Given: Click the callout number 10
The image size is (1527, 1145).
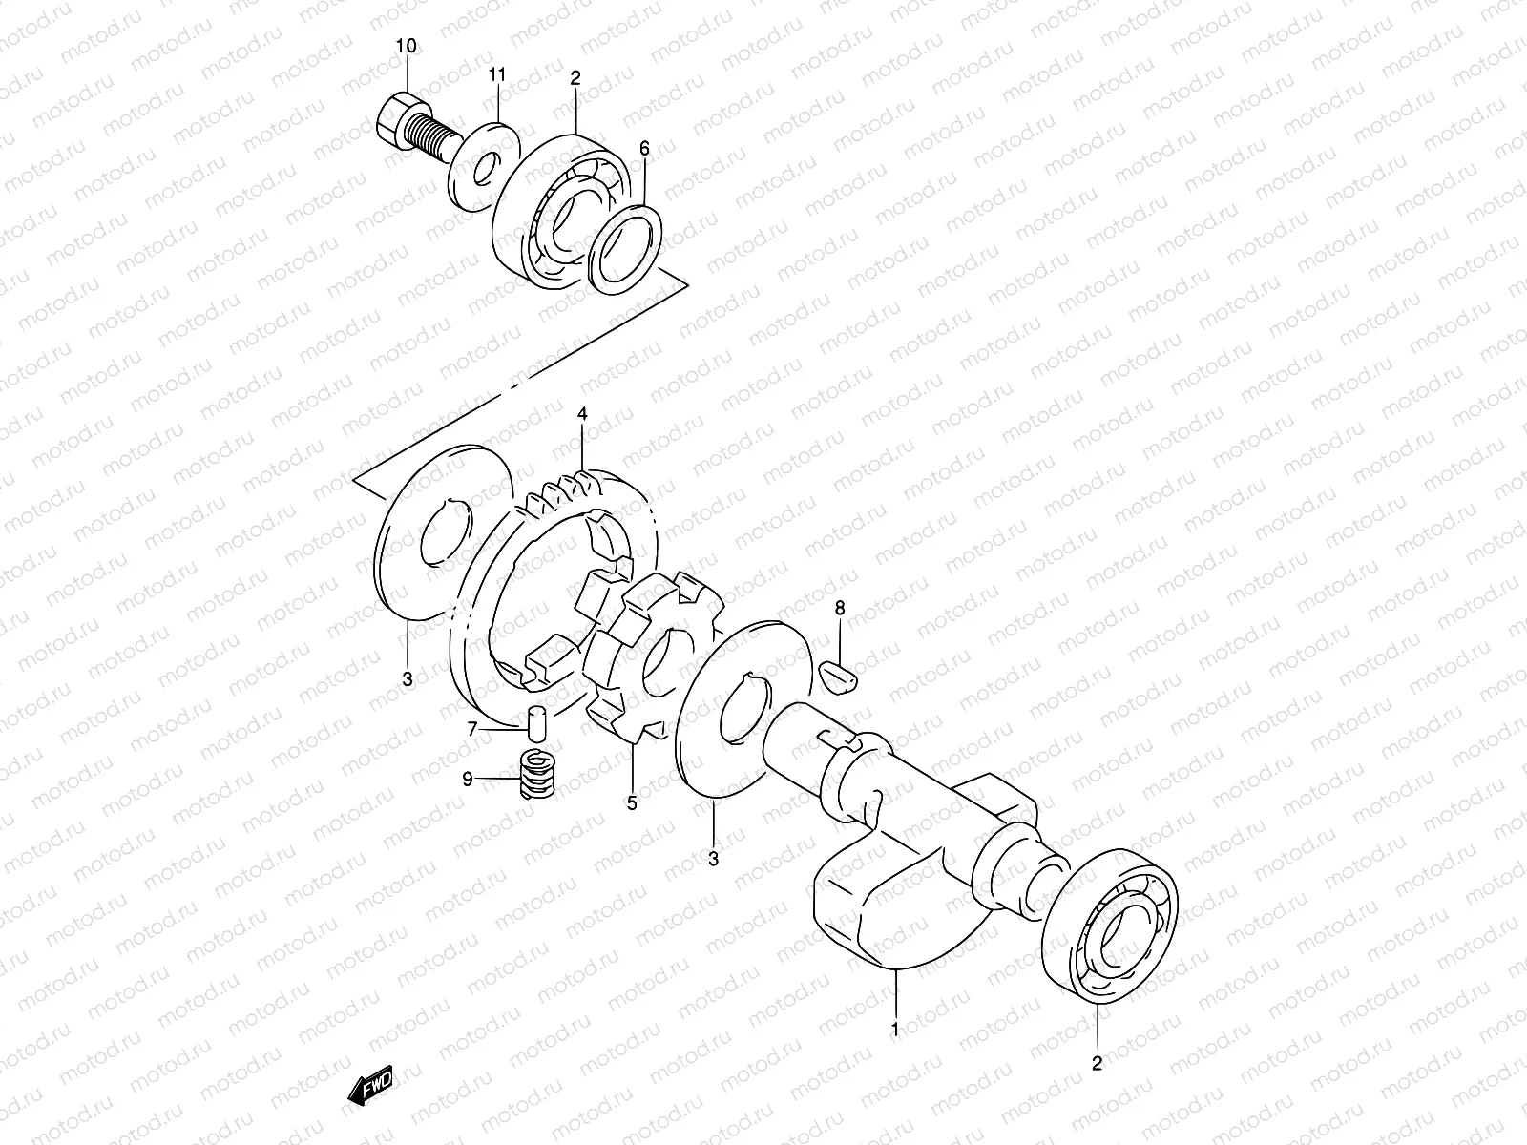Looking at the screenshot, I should tap(408, 46).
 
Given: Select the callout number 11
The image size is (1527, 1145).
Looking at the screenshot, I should tap(496, 74).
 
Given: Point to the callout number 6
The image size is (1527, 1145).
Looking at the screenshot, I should tap(644, 148).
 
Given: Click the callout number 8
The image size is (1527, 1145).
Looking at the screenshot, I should tap(840, 607).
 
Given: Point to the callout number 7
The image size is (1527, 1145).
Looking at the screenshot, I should tap(471, 730).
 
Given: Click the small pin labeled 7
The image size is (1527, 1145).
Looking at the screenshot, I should tap(536, 719).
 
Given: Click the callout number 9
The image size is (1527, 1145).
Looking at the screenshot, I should tap(468, 780).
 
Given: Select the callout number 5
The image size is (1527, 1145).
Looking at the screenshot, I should tap(631, 803).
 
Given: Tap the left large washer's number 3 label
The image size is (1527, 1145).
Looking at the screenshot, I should tap(408, 679).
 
